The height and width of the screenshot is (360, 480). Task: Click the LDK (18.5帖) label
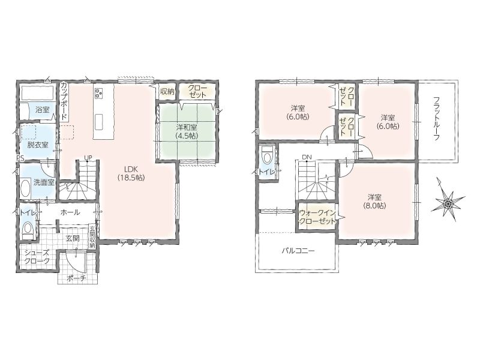point(131,173)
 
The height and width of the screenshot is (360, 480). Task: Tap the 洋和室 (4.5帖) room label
point(187,131)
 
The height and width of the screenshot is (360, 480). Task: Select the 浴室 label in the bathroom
point(42,110)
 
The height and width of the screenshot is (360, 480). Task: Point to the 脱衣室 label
point(38,145)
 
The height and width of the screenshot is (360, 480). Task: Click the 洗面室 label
point(44,182)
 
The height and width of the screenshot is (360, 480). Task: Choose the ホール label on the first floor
point(70,212)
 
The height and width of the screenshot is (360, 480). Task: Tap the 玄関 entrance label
point(73,238)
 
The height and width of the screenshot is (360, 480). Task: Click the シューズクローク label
point(37,257)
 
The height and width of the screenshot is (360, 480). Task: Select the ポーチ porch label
point(77,278)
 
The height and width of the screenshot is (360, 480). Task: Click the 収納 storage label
point(167,91)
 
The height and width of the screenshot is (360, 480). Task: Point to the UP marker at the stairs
point(88,158)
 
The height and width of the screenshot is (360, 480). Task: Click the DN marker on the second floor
point(307,157)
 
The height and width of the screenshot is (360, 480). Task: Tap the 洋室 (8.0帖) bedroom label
point(374,201)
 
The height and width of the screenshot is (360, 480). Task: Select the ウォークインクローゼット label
point(317,217)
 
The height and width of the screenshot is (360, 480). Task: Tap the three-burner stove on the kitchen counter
point(99,93)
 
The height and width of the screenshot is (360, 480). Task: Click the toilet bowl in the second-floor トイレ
point(266,157)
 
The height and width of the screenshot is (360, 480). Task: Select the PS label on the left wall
point(20,158)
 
